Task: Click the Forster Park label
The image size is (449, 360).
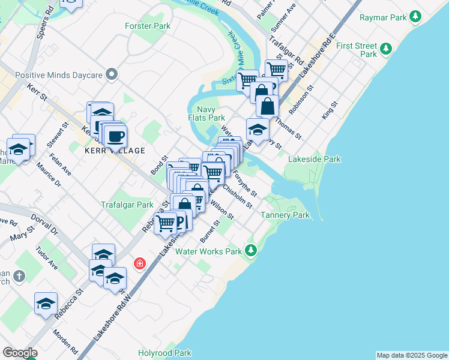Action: (x=148, y=26)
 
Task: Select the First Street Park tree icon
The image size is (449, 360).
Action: (x=387, y=48)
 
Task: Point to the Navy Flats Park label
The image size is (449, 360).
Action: (x=211, y=113)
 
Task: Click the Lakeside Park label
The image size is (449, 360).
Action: (x=315, y=159)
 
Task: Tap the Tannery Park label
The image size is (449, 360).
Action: (x=285, y=215)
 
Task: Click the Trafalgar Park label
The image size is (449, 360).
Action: (x=127, y=205)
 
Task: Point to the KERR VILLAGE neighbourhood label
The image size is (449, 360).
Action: (x=114, y=151)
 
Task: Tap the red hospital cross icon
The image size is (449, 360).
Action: (x=140, y=264)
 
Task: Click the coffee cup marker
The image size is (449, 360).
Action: (x=115, y=135)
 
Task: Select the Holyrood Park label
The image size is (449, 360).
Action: (x=164, y=353)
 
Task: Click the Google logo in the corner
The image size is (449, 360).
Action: (x=20, y=353)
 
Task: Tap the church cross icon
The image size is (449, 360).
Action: (x=19, y=276)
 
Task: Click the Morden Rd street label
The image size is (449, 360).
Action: (x=65, y=340)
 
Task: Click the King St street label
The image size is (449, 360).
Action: (x=330, y=110)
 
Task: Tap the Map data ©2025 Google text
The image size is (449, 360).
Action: (x=412, y=355)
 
